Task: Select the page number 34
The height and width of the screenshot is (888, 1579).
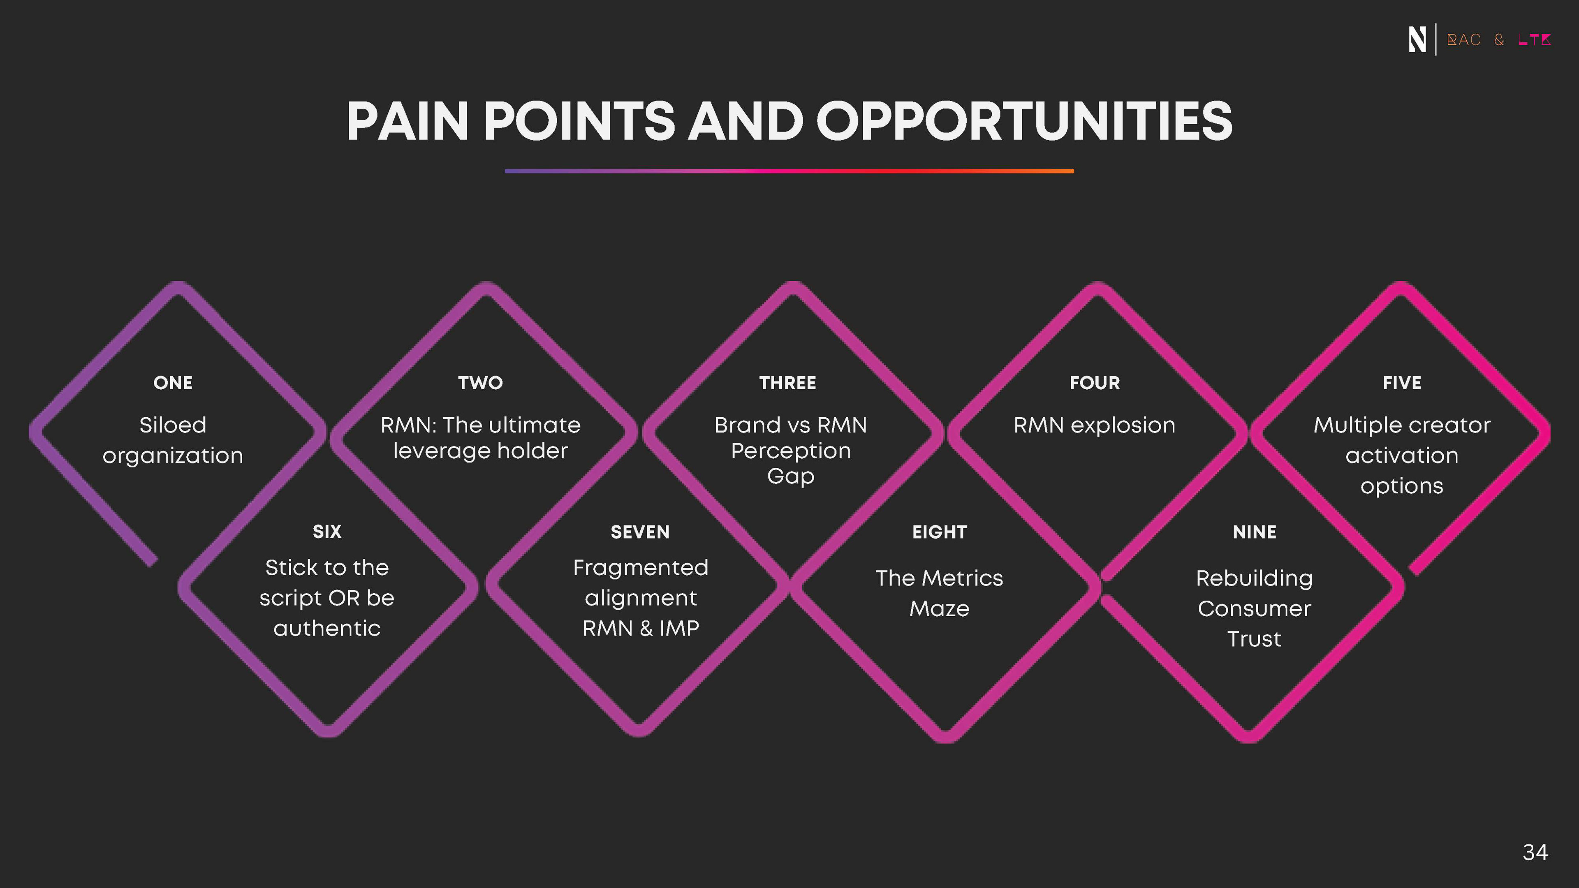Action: [1535, 852]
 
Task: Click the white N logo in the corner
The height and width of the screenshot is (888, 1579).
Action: [1417, 40]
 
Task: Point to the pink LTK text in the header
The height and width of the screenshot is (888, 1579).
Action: [1534, 40]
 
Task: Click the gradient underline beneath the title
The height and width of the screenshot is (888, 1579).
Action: [789, 171]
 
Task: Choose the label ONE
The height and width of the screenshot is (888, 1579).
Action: [173, 383]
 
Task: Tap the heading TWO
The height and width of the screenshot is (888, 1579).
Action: [481, 383]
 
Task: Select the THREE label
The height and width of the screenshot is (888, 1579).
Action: [788, 383]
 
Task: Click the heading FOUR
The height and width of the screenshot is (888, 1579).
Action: [1095, 383]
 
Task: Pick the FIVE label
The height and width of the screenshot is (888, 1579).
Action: [1402, 383]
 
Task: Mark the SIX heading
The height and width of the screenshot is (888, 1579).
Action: [327, 531]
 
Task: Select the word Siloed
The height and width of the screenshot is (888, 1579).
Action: [173, 425]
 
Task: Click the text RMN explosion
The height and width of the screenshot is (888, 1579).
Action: [1095, 425]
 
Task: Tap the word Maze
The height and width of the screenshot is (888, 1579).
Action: [940, 608]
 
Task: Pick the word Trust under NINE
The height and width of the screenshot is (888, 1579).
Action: [1254, 639]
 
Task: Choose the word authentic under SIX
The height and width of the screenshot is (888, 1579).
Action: [327, 629]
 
